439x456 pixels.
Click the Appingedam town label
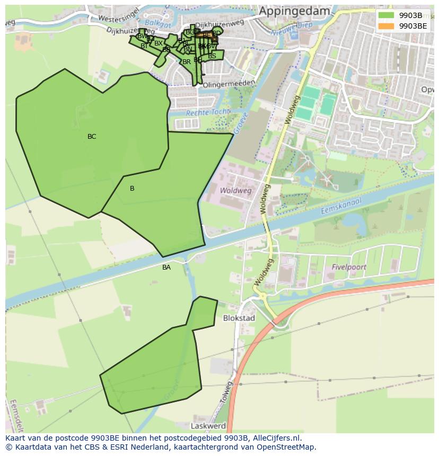coord(294,11)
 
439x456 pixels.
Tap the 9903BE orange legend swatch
coord(386,25)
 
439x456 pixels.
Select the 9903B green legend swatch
coord(386,15)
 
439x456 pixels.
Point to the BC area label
coord(92,137)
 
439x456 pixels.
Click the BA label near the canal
coord(166,267)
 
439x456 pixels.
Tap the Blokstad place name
coord(239,318)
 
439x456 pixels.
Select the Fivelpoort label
coord(349,267)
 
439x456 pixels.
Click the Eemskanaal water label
coord(340,206)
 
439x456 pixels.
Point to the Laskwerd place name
coord(208,426)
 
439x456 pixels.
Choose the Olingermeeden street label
coord(229,84)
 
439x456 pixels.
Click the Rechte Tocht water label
coord(208,112)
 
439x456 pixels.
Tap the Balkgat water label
coord(159,23)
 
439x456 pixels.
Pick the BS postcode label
coord(212,56)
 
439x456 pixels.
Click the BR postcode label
coord(186,62)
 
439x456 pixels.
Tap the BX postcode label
coord(158,43)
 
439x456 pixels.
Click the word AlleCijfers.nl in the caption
coord(276,438)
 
